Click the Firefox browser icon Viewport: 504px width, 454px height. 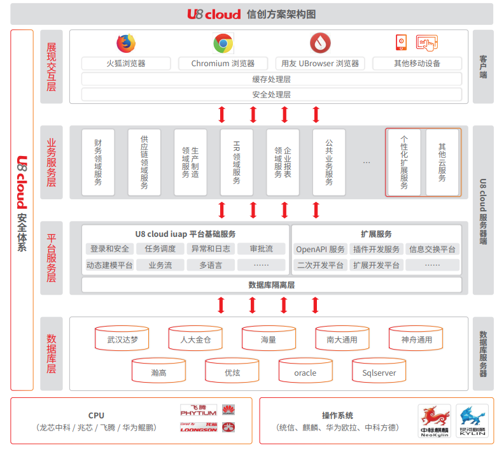point(126,43)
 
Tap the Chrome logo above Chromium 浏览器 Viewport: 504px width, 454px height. point(223,43)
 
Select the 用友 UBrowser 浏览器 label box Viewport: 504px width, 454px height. point(320,64)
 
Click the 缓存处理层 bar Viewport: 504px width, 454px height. point(271,79)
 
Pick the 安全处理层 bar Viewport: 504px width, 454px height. point(271,94)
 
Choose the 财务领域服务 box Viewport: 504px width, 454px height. point(98,162)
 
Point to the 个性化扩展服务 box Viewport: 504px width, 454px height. point(404,162)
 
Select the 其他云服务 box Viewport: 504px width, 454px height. point(442,162)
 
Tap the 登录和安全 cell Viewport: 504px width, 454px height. point(109,249)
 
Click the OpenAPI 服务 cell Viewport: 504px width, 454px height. point(320,249)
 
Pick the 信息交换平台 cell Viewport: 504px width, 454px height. point(432,249)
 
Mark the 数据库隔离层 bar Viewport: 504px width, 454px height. point(271,285)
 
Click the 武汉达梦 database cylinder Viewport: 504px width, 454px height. point(122,339)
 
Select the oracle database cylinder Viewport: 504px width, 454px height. point(305,372)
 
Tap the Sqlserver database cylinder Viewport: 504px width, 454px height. point(379,372)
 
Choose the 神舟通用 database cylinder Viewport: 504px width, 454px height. point(416,339)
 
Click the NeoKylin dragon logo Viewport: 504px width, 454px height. point(435,420)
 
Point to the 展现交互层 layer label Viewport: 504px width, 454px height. point(52,67)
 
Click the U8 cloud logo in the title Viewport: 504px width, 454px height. point(214,14)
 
